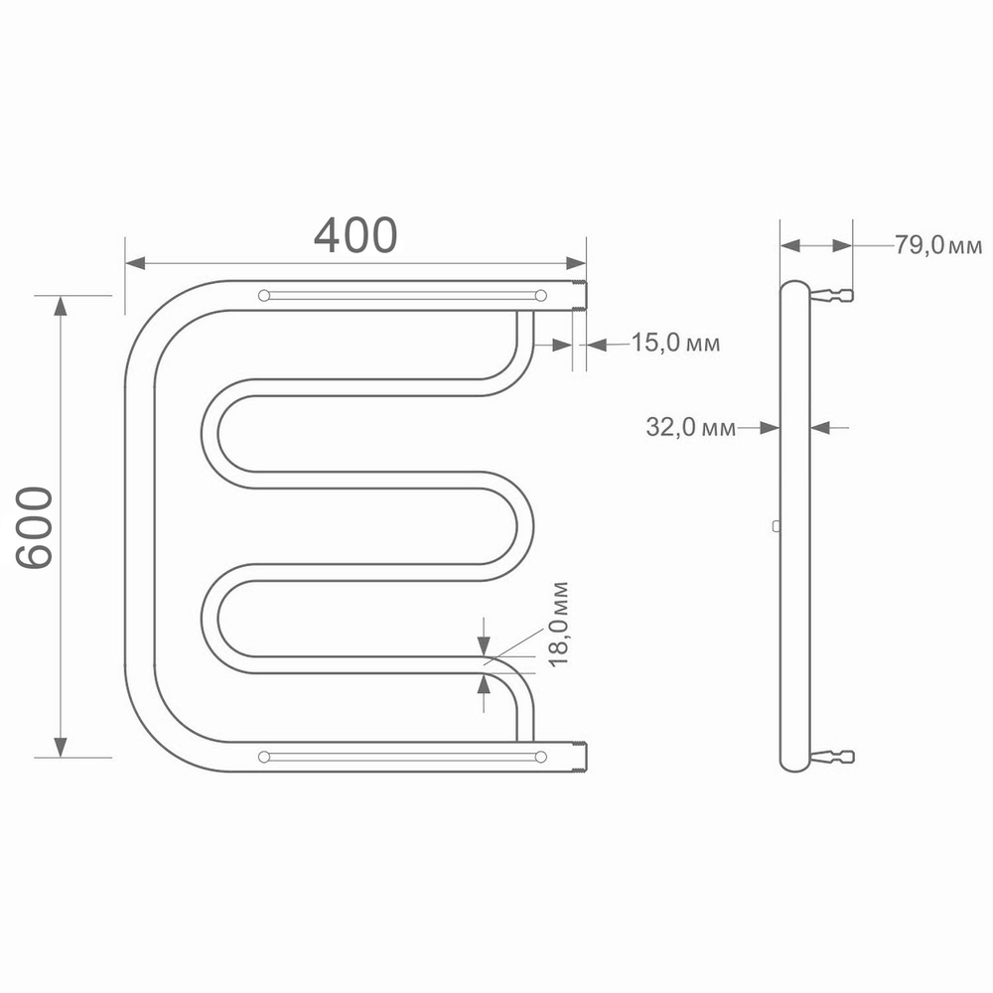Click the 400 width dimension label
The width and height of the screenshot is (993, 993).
click(x=355, y=234)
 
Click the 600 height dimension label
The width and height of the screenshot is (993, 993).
click(x=36, y=527)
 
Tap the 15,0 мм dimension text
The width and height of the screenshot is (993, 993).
click(x=675, y=344)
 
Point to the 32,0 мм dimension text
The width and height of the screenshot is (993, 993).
click(x=691, y=428)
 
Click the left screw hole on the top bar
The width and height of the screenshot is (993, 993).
click(x=263, y=295)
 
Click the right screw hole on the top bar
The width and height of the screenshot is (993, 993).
click(x=540, y=295)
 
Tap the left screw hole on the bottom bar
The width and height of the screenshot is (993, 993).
click(x=263, y=757)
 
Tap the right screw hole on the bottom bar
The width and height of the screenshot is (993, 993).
click(x=540, y=757)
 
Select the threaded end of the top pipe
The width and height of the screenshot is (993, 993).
click(x=582, y=296)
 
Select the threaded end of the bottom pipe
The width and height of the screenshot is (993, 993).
click(x=582, y=757)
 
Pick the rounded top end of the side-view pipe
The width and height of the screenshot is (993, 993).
click(x=794, y=287)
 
